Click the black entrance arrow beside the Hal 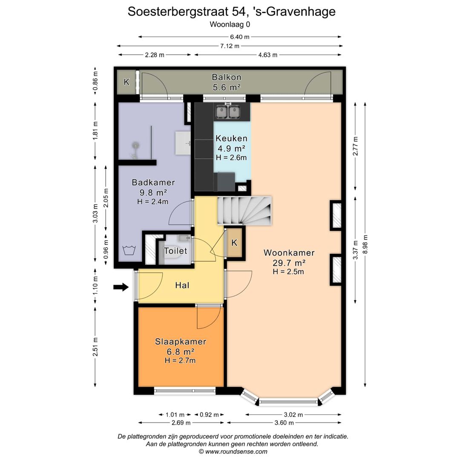click(121, 287)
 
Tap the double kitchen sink click(228, 112)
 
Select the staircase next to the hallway click(244, 211)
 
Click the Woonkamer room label click(288, 252)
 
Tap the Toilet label click(175, 251)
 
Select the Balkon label click(227, 77)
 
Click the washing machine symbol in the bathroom click(129, 250)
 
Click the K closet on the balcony click(126, 82)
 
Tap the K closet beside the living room click(234, 243)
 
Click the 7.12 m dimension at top click(230, 46)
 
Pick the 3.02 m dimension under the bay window click(293, 414)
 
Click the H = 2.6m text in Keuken click(231, 158)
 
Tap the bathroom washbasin click(183, 143)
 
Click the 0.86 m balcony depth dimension click(95, 81)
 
